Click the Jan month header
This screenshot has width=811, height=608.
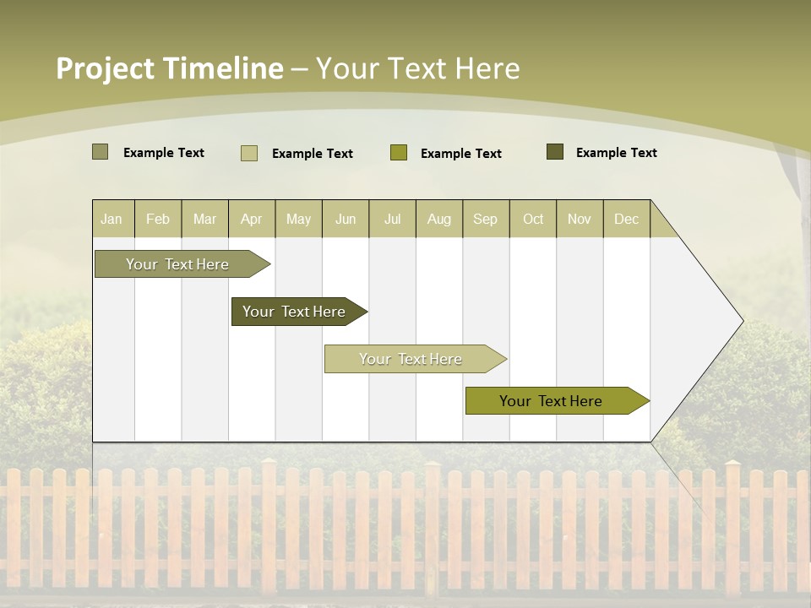[112, 219]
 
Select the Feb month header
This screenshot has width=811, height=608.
[158, 219]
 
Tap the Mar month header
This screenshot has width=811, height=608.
[204, 219]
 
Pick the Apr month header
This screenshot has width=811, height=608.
[252, 219]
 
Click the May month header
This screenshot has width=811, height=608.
[298, 219]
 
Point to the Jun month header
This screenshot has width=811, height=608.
[346, 219]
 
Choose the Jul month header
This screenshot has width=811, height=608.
[392, 219]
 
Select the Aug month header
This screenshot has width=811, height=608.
[439, 219]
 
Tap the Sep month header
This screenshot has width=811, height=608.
[486, 219]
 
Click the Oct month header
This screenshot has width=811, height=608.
[533, 219]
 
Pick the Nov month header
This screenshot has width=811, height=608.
[580, 219]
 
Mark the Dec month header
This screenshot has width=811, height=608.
[627, 219]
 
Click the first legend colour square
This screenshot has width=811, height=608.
[100, 152]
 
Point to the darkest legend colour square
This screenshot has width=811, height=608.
[555, 152]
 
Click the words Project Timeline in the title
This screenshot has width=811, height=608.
[170, 68]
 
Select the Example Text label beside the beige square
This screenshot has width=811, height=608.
[313, 154]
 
